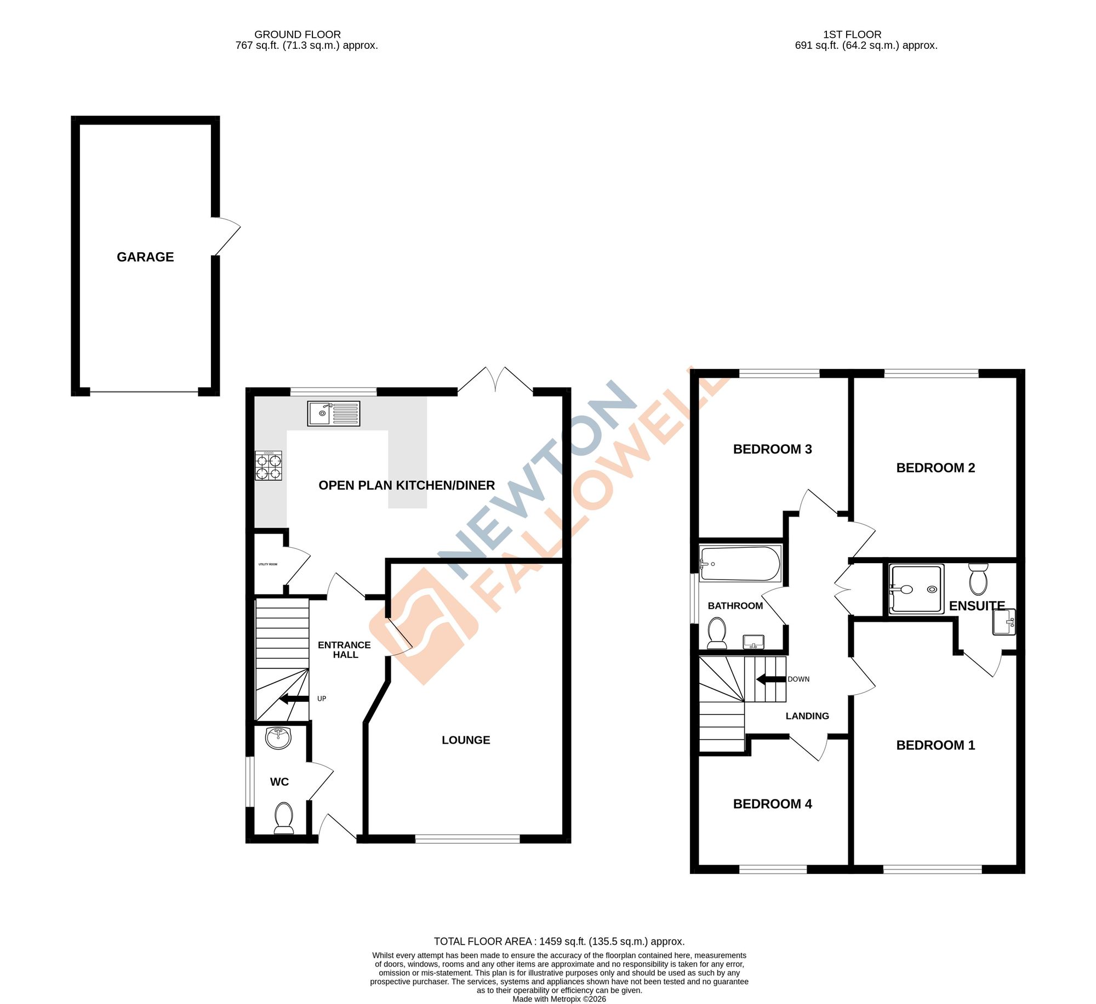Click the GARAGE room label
[145, 257]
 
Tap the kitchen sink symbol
[334, 413]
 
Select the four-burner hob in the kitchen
[269, 466]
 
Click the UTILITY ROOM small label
[268, 564]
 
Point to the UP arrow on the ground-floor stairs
[294, 699]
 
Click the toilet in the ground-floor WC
[283, 818]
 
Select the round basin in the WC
[279, 738]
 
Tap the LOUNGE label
[466, 740]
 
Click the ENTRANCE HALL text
[345, 650]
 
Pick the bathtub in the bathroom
[740, 564]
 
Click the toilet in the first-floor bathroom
[717, 633]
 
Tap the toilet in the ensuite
[978, 579]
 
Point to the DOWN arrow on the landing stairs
[771, 679]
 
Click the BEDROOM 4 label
[772, 804]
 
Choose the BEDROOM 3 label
[772, 449]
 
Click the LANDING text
[807, 716]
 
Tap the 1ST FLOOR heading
[852, 35]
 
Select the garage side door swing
[227, 236]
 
